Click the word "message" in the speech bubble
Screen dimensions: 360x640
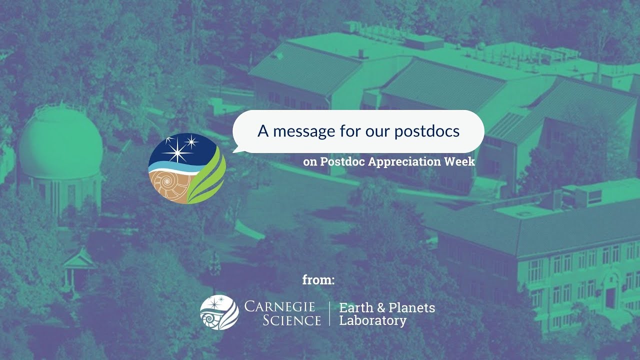(x=303, y=131)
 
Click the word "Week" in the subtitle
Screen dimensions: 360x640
(x=460, y=162)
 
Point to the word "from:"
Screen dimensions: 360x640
(x=318, y=280)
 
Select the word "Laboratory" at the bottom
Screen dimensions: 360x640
(x=372, y=320)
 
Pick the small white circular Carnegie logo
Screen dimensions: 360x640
(x=219, y=312)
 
